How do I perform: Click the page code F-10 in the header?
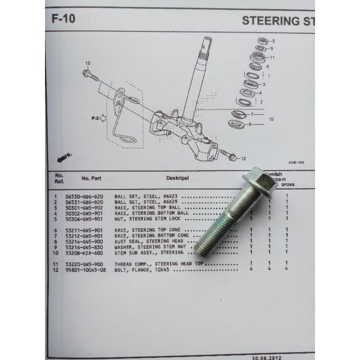pyautogui.click(x=63, y=19)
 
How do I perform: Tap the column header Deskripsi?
pyautogui.click(x=178, y=178)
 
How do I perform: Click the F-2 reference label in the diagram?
pyautogui.click(x=95, y=118)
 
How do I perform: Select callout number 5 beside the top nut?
pyautogui.click(x=273, y=41)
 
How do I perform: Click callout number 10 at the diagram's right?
pyautogui.click(x=271, y=119)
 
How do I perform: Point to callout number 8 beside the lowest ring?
pyautogui.click(x=250, y=124)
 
